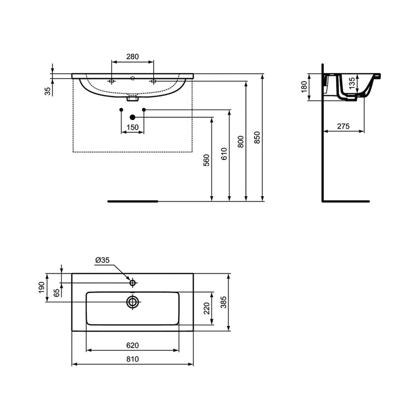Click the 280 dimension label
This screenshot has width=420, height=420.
click(x=132, y=57)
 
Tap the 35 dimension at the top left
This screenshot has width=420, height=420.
click(x=47, y=90)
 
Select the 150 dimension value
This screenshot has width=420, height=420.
click(x=132, y=127)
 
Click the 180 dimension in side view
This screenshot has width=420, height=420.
click(x=304, y=87)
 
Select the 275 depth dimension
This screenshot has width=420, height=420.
click(x=343, y=126)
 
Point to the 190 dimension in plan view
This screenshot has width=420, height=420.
click(x=42, y=287)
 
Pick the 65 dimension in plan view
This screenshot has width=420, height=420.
click(x=56, y=292)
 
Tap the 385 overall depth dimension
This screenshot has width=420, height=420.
click(x=223, y=302)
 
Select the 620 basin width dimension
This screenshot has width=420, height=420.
click(x=132, y=345)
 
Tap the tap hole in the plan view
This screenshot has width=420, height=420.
click(x=132, y=283)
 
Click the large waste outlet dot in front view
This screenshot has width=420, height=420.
click(x=132, y=117)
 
